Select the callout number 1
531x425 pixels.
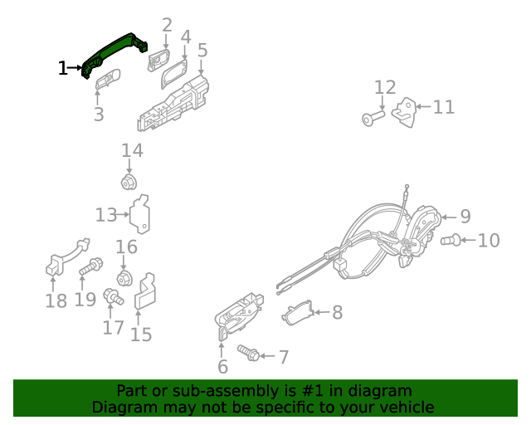[63, 68]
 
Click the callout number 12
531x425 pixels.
[385, 87]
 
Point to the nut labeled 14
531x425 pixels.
[129, 183]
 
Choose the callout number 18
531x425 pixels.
[56, 300]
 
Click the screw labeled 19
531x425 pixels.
[90, 267]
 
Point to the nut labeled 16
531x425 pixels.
[125, 277]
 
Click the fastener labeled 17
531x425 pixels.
[112, 296]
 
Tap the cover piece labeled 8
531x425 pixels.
[299, 312]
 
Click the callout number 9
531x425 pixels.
[465, 216]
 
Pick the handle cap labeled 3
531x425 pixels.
[107, 81]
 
